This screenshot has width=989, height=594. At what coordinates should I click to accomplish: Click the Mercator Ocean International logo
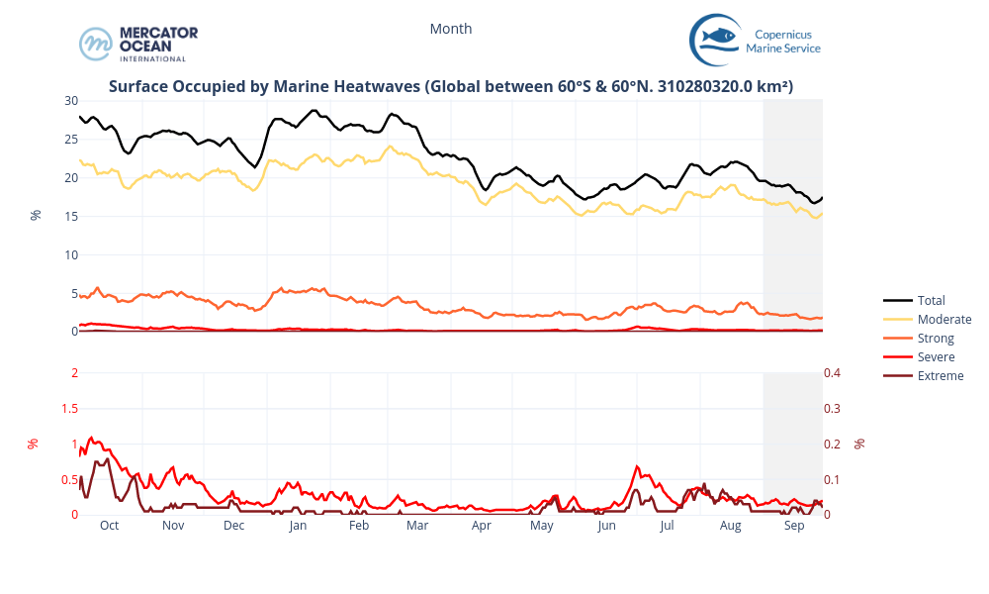click(x=138, y=44)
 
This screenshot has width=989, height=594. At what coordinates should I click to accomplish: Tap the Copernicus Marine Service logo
click(x=755, y=40)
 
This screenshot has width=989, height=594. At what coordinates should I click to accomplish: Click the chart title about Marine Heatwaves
click(x=451, y=87)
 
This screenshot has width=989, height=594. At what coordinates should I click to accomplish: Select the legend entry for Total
click(x=931, y=300)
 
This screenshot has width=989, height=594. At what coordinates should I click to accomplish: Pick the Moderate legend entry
click(x=944, y=319)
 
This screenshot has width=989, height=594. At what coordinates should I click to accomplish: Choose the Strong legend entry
click(x=936, y=338)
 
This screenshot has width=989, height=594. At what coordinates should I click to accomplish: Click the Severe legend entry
click(x=936, y=356)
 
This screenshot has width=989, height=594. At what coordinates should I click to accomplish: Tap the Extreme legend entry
click(x=940, y=375)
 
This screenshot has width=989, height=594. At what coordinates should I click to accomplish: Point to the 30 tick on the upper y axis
click(x=70, y=101)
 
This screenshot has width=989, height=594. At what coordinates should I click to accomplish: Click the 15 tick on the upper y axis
click(x=70, y=216)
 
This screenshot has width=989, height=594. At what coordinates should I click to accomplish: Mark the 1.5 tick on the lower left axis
click(x=69, y=408)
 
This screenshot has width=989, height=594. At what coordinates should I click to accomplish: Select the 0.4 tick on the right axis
click(x=833, y=372)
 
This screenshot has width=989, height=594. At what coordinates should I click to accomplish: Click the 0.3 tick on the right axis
click(x=833, y=408)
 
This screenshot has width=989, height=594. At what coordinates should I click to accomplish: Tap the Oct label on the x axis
click(x=109, y=526)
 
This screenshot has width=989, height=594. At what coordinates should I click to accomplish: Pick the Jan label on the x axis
click(x=298, y=526)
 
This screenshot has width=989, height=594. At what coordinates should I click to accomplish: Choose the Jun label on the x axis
click(x=606, y=526)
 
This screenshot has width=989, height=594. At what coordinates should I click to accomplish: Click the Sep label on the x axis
click(x=793, y=526)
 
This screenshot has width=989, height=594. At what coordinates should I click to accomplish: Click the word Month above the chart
click(x=451, y=29)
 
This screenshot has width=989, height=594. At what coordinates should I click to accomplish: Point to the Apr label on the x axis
click(x=482, y=526)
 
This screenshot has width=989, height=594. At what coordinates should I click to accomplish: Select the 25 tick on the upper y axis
click(x=70, y=140)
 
